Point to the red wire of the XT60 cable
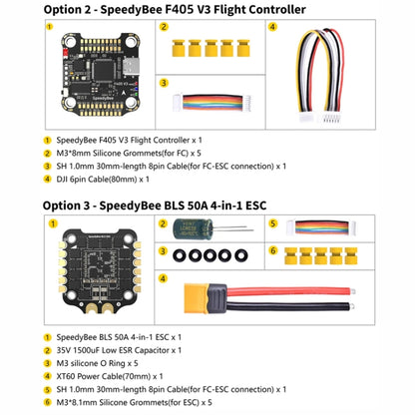319,291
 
